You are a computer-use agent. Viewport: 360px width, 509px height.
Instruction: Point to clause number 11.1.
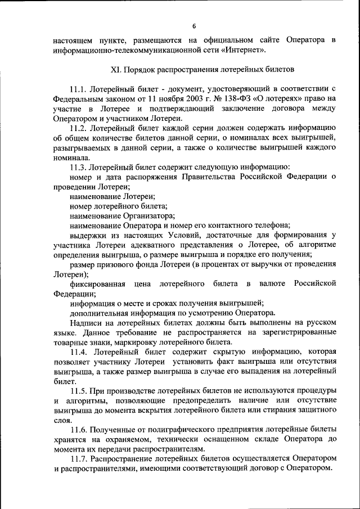tap(79, 89)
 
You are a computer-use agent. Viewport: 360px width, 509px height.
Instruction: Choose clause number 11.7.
tap(79, 459)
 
